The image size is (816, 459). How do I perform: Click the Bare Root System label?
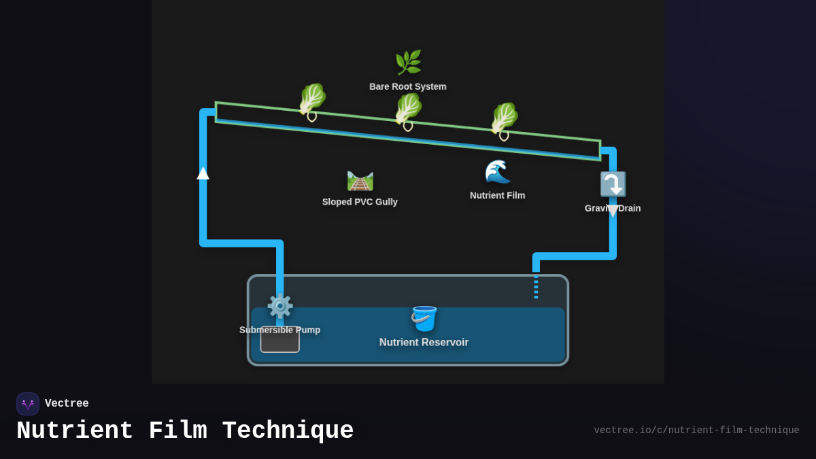pyautogui.click(x=408, y=87)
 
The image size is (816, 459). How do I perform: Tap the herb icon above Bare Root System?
pyautogui.click(x=408, y=63)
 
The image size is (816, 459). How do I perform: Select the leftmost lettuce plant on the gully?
pyautogui.click(x=312, y=100)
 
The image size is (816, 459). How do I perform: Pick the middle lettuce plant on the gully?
pyautogui.click(x=408, y=109)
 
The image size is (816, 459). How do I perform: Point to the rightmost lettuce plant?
pyautogui.click(x=504, y=119)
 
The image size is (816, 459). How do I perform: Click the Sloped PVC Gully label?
pyautogui.click(x=360, y=202)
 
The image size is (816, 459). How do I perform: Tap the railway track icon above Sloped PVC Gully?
pyautogui.click(x=360, y=181)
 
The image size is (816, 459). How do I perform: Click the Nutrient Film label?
pyautogui.click(x=497, y=196)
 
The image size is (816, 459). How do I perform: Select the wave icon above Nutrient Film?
pyautogui.click(x=497, y=172)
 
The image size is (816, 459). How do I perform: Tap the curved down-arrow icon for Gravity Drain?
pyautogui.click(x=612, y=184)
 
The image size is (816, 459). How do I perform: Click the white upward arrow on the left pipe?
pyautogui.click(x=203, y=173)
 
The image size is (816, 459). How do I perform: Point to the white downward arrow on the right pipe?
pyautogui.click(x=613, y=211)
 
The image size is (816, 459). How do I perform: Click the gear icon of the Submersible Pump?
pyautogui.click(x=279, y=306)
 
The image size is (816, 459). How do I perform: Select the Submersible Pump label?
pyautogui.click(x=279, y=330)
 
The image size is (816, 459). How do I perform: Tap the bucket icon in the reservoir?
pyautogui.click(x=424, y=318)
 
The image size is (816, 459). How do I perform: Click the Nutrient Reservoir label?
pyautogui.click(x=424, y=343)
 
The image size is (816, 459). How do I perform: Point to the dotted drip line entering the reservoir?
pyautogui.click(x=536, y=286)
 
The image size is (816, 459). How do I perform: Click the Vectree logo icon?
pyautogui.click(x=28, y=404)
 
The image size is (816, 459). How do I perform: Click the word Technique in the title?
pyautogui.click(x=288, y=431)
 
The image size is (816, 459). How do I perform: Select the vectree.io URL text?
pyautogui.click(x=696, y=430)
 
